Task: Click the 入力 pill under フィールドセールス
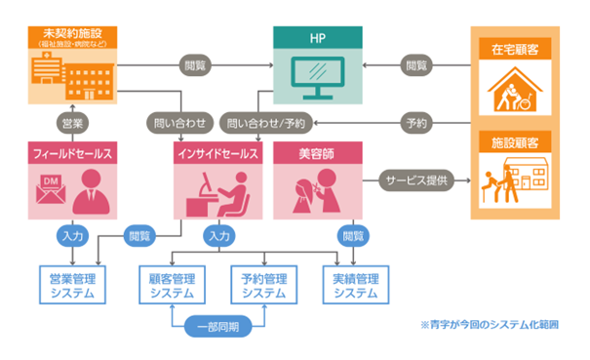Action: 71,236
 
